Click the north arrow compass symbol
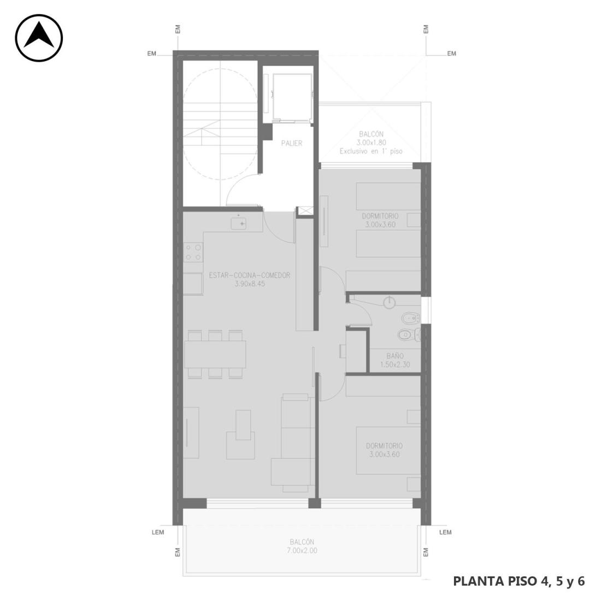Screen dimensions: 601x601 pyautogui.click(x=39, y=38)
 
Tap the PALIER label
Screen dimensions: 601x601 pyautogui.click(x=292, y=143)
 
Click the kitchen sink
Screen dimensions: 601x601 pyautogui.click(x=238, y=223)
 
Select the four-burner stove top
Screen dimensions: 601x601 pyautogui.click(x=193, y=252)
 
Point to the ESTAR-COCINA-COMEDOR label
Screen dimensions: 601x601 pyautogui.click(x=250, y=275)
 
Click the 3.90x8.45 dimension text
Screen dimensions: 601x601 pyautogui.click(x=250, y=284)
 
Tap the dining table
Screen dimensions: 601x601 pyautogui.click(x=215, y=354)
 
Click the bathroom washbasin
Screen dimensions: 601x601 pyautogui.click(x=390, y=303)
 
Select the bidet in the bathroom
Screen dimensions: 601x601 pyautogui.click(x=410, y=318)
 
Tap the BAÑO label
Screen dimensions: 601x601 pyautogui.click(x=395, y=356)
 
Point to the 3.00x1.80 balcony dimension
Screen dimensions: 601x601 pyautogui.click(x=371, y=143)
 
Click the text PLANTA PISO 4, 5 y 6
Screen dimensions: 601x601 pyautogui.click(x=519, y=581)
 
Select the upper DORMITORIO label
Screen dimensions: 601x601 pyautogui.click(x=380, y=216)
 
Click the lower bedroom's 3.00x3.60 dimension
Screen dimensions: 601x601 pyautogui.click(x=384, y=455)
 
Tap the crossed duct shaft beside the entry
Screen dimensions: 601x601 pyautogui.click(x=305, y=210)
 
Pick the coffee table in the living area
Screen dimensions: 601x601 pyautogui.click(x=244, y=425)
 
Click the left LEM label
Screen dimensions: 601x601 pyautogui.click(x=157, y=532)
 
